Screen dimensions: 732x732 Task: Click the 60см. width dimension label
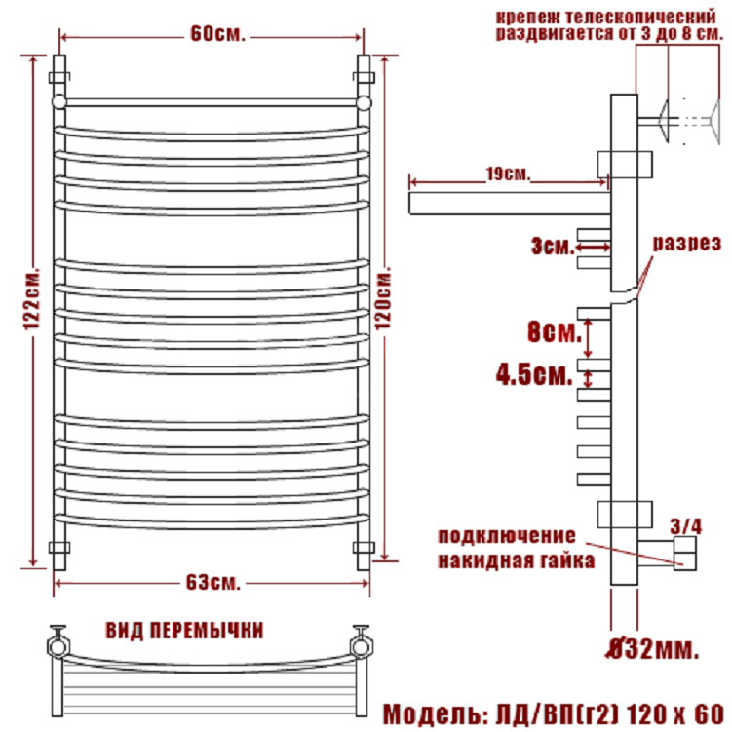click(217, 33)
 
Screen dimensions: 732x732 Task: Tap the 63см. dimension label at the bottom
click(212, 582)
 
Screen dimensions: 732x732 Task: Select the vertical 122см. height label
click(32, 299)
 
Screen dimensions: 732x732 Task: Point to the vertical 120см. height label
click(383, 298)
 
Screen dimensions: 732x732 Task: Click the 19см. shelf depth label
click(509, 173)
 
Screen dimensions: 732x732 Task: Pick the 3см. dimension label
click(553, 246)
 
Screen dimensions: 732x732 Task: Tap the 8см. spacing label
click(555, 332)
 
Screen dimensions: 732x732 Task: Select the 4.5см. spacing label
click(534, 374)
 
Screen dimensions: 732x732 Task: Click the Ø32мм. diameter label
click(653, 649)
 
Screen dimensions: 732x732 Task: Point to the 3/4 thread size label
click(686, 526)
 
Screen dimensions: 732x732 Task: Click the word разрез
click(687, 244)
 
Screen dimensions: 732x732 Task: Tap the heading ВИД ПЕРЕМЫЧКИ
click(185, 631)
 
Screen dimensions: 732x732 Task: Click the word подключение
click(507, 536)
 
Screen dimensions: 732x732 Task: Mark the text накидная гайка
click(517, 560)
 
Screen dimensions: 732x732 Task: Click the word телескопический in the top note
click(640, 18)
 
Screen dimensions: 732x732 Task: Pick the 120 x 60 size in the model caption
click(674, 713)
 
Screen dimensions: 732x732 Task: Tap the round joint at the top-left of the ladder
click(59, 101)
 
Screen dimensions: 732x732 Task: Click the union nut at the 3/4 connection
click(685, 554)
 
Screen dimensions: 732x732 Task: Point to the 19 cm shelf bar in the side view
click(510, 204)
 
